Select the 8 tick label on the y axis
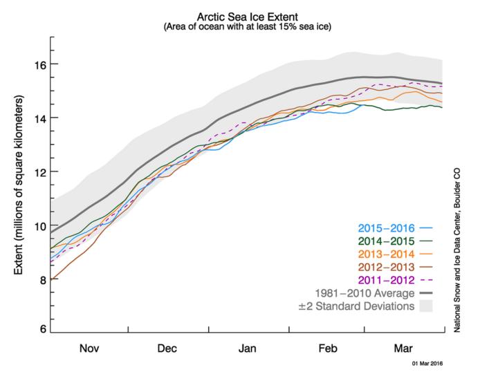tap(44, 279)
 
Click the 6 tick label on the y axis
tap(44, 328)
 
